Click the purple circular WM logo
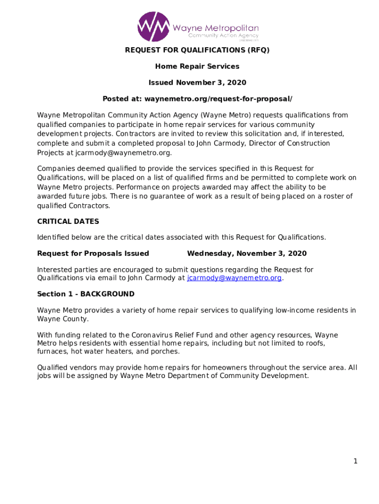tap(154, 27)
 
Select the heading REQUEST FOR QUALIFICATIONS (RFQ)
tap(197, 50)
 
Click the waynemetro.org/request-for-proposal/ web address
tap(218, 99)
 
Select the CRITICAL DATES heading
tap(68, 221)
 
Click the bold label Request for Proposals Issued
tap(93, 253)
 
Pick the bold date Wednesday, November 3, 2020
tap(247, 253)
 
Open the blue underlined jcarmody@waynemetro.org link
tap(234, 278)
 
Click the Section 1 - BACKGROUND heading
tap(86, 294)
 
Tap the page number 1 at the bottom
tap(355, 461)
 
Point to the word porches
tap(165, 351)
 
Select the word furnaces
tap(52, 351)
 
